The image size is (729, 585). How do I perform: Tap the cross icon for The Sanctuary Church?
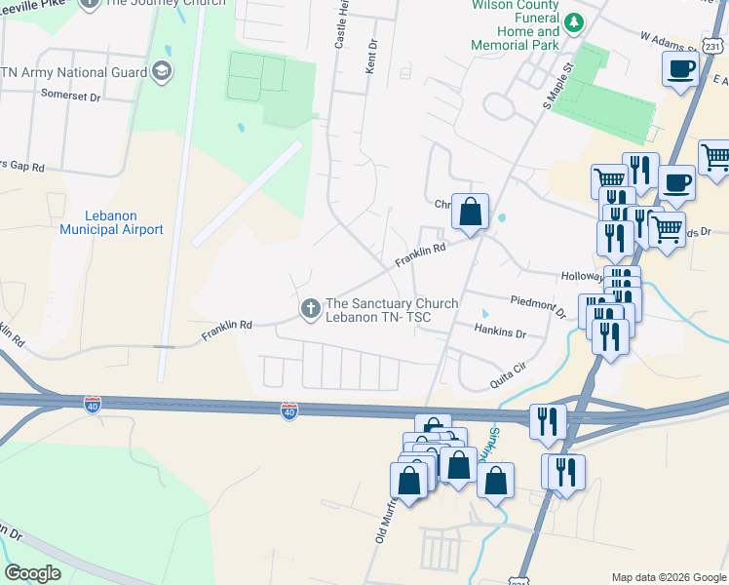(311, 310)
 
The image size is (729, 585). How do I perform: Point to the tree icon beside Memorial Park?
(575, 20)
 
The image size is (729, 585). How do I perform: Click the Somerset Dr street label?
(71, 97)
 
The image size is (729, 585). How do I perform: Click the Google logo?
(32, 573)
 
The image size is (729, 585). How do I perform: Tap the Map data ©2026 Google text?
(668, 577)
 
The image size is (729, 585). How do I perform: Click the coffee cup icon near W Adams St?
(681, 69)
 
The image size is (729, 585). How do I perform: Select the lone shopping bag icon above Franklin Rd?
(470, 210)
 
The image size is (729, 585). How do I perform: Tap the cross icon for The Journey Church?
(89, 3)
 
